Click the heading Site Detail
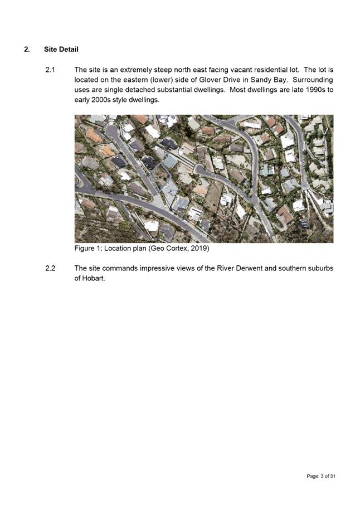(x=61, y=50)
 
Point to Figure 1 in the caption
(x=91, y=248)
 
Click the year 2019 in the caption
(x=198, y=248)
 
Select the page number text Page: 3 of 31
(x=321, y=476)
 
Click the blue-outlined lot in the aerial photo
(x=161, y=177)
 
